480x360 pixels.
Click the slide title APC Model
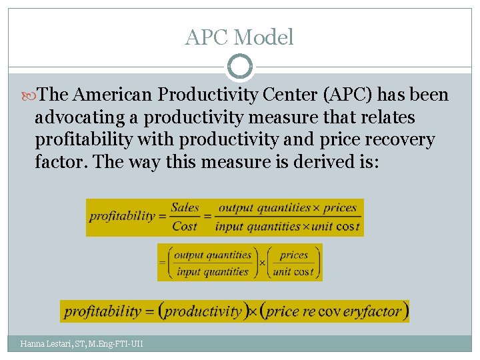tap(239, 37)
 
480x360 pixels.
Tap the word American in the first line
tap(113, 95)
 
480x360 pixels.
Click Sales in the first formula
tap(185, 207)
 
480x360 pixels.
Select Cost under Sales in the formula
tap(185, 227)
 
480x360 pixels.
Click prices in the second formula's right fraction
tap(294, 255)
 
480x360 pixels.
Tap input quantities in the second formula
tap(213, 271)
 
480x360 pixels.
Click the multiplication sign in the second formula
tap(261, 263)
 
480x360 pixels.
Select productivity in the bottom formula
tap(203, 311)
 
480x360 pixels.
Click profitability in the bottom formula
tap(103, 311)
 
